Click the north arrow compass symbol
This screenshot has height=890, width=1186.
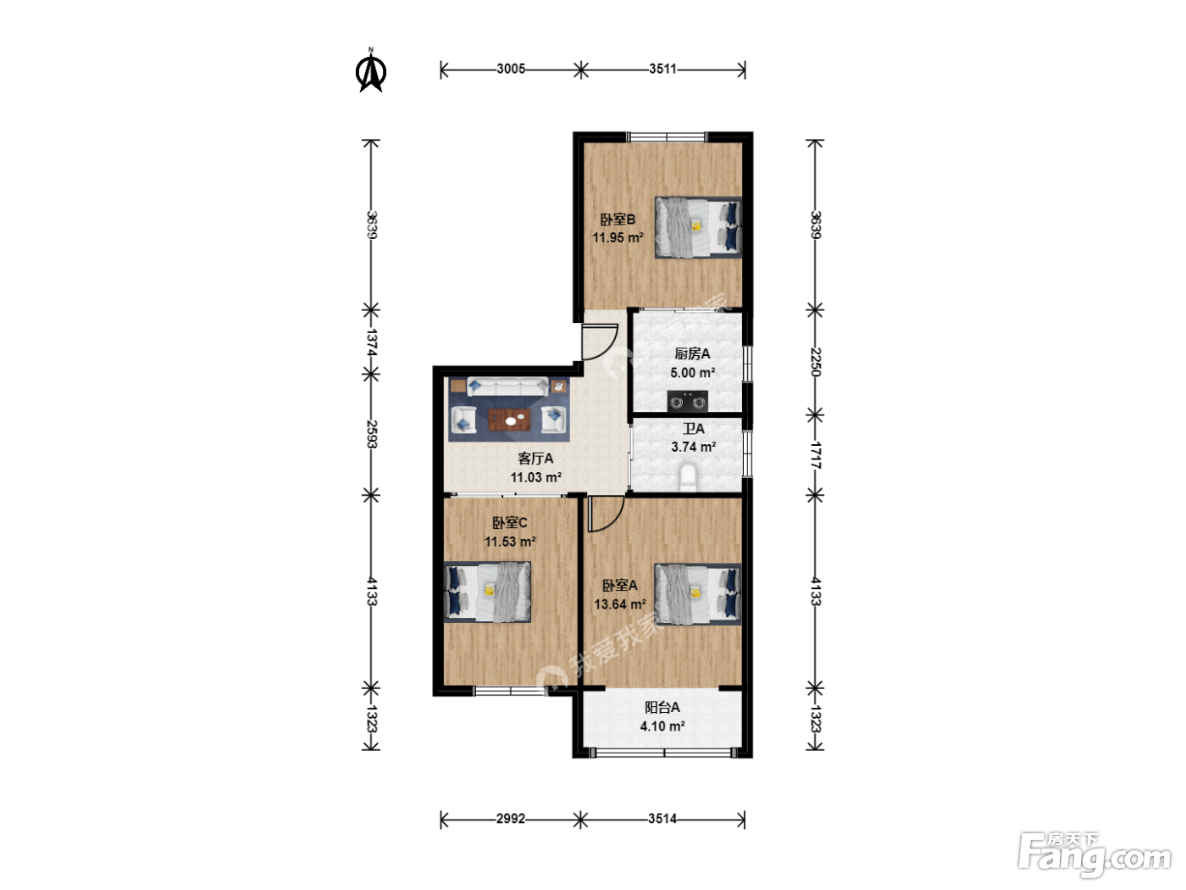(x=371, y=71)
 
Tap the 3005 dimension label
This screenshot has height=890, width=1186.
(x=511, y=70)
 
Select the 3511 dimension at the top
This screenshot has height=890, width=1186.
(x=662, y=70)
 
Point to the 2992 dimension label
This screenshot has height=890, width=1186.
(x=511, y=819)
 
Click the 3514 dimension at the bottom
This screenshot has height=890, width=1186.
(x=662, y=819)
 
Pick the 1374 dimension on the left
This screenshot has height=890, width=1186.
(x=371, y=342)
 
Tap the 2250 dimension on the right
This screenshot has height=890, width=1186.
(x=815, y=362)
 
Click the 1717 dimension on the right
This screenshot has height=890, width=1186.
(x=815, y=455)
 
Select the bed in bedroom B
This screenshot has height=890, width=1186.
(x=698, y=227)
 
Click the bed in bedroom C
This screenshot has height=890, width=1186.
(x=487, y=592)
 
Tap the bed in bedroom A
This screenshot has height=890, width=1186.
(x=697, y=594)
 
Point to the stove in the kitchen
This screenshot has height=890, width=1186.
(x=688, y=401)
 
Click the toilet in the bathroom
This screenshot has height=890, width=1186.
(x=688, y=476)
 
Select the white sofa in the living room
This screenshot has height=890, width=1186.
(x=507, y=387)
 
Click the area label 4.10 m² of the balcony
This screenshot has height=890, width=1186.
(x=662, y=726)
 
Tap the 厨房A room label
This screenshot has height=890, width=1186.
(x=692, y=354)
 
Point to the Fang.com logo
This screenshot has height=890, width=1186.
(x=1094, y=855)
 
